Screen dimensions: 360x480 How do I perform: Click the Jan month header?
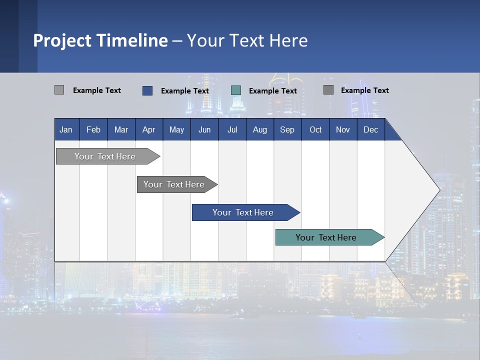66,130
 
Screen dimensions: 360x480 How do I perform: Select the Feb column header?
93,130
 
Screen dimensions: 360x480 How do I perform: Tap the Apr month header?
148,130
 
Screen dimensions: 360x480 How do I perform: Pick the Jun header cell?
204,130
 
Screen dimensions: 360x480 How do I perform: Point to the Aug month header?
259,130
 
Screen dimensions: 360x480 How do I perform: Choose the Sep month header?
287,130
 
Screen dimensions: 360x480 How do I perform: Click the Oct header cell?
315,130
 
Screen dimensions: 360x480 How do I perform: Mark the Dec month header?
370,130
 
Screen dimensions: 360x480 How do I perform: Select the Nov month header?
343,130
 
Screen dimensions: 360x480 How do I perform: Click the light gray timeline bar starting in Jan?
105,156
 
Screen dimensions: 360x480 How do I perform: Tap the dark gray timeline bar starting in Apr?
174,184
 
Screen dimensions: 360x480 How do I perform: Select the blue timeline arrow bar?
243,212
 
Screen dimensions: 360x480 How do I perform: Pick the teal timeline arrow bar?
326,237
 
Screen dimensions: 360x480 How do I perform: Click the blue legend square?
147,90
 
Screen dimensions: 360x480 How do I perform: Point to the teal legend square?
236,90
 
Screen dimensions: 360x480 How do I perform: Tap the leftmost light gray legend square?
59,90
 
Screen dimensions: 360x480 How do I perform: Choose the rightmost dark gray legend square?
328,90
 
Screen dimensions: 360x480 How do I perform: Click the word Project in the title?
61,40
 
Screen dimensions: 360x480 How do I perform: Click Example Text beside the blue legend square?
185,91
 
